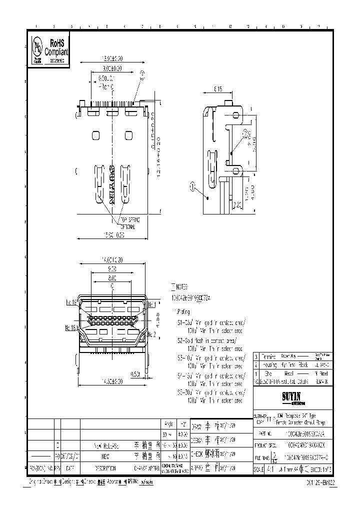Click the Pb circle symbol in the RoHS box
tap(37, 48)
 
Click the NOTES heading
tap(179, 288)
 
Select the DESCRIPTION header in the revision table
tap(105, 468)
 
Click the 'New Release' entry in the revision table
tap(105, 444)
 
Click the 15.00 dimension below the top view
tap(113, 235)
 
